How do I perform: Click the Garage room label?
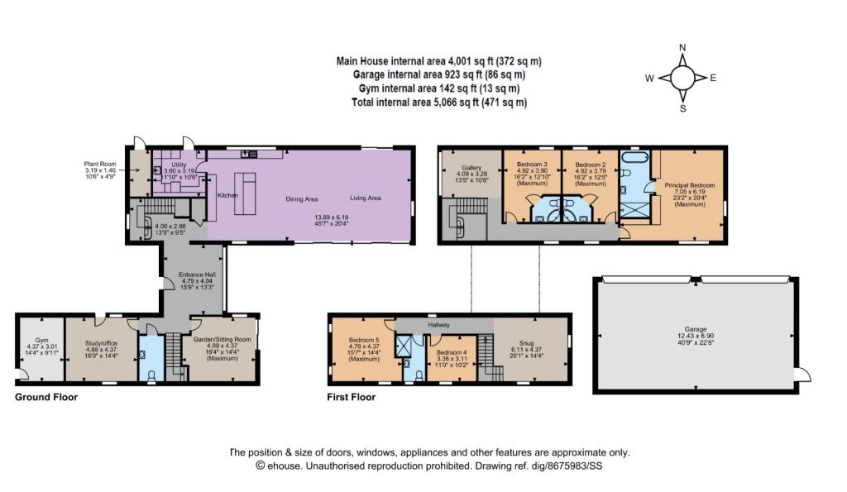pyautogui.click(x=695, y=329)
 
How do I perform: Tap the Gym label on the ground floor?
pyautogui.click(x=41, y=340)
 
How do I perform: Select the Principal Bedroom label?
pyautogui.click(x=690, y=185)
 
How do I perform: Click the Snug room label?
pyautogui.click(x=526, y=343)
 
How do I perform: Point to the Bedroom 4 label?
pyautogui.click(x=452, y=352)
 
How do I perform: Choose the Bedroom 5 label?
pyautogui.click(x=364, y=340)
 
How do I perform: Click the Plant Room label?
pyautogui.click(x=100, y=164)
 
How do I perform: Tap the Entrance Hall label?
pyautogui.click(x=197, y=275)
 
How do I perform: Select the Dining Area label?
pyautogui.click(x=301, y=199)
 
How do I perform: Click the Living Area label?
pyautogui.click(x=365, y=198)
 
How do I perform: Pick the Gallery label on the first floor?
pyautogui.click(x=471, y=168)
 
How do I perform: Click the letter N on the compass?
pyautogui.click(x=682, y=47)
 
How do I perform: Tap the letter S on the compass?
pyautogui.click(x=682, y=108)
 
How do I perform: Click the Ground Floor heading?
pyautogui.click(x=46, y=397)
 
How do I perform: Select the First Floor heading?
pyautogui.click(x=351, y=397)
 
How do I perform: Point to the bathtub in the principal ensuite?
pyautogui.click(x=634, y=158)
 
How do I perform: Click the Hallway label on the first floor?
pyautogui.click(x=438, y=325)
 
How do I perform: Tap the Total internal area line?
pyautogui.click(x=439, y=102)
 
